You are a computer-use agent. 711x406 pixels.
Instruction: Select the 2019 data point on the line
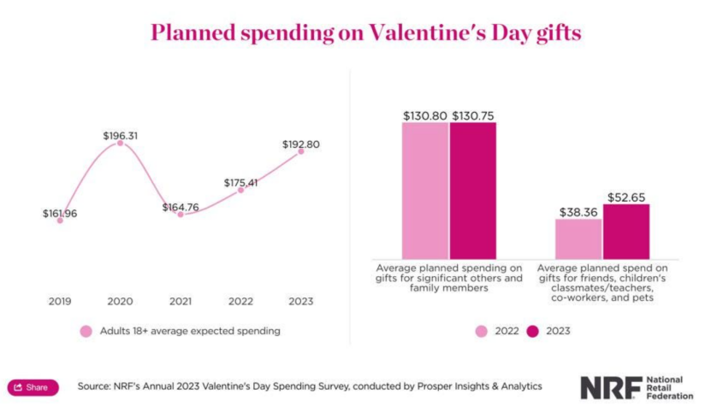pos(60,220)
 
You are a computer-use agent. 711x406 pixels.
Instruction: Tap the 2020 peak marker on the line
pos(120,143)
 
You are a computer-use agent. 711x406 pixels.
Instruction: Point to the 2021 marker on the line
pos(181,215)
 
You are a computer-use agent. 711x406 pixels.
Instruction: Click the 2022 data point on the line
pos(240,190)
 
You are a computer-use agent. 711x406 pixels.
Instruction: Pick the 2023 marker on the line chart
pos(301,151)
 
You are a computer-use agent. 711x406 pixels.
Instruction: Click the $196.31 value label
pos(120,135)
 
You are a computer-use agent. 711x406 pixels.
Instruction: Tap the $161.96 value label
pos(60,213)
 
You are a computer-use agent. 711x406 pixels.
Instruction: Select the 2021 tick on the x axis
pos(181,301)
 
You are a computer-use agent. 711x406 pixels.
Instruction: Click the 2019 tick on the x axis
pos(60,301)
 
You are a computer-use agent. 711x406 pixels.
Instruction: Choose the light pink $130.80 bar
pos(425,190)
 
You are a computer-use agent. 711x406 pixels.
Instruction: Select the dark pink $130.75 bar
pos(472,190)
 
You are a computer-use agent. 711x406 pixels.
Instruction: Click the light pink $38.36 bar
pos(578,238)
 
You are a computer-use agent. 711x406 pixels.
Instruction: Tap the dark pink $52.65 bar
pos(626,232)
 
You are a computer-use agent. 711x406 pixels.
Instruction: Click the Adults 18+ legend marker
pos(86,331)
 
